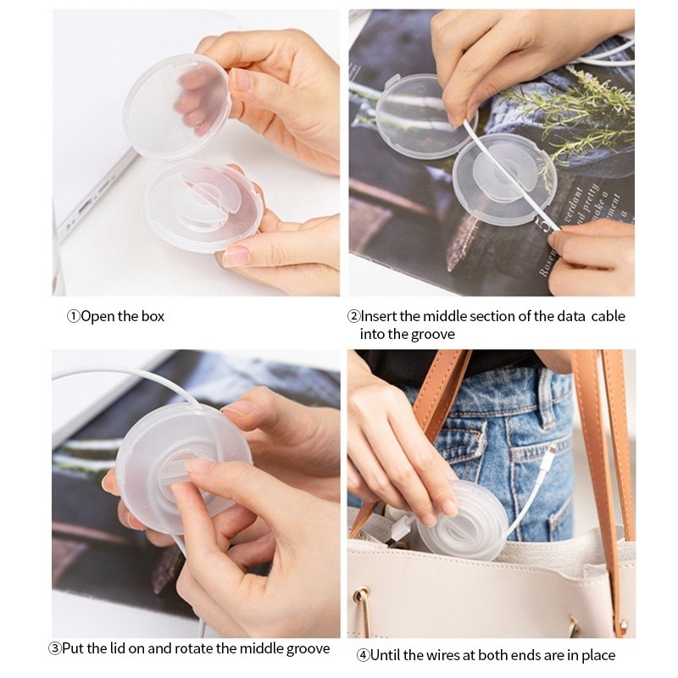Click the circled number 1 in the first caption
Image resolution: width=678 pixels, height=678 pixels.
(73, 316)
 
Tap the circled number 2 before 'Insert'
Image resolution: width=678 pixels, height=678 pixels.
(353, 316)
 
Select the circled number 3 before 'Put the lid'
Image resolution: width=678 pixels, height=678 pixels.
(55, 648)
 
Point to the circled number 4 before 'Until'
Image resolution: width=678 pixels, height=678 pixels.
(363, 655)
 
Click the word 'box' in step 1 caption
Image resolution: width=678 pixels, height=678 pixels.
(153, 316)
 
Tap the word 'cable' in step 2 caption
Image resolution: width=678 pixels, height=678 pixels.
(608, 316)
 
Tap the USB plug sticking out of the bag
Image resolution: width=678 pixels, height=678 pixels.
(397, 530)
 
